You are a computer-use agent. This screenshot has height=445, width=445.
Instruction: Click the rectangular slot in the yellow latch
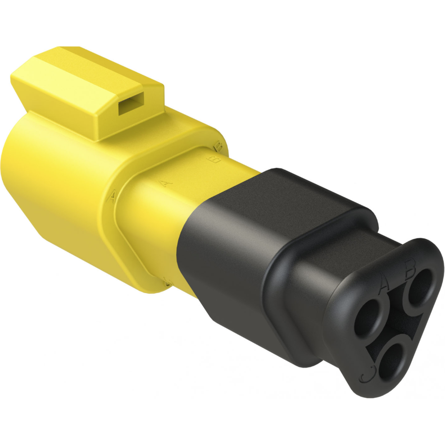tap(130, 104)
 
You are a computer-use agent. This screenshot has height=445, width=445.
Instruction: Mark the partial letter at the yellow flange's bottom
tap(168, 283)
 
